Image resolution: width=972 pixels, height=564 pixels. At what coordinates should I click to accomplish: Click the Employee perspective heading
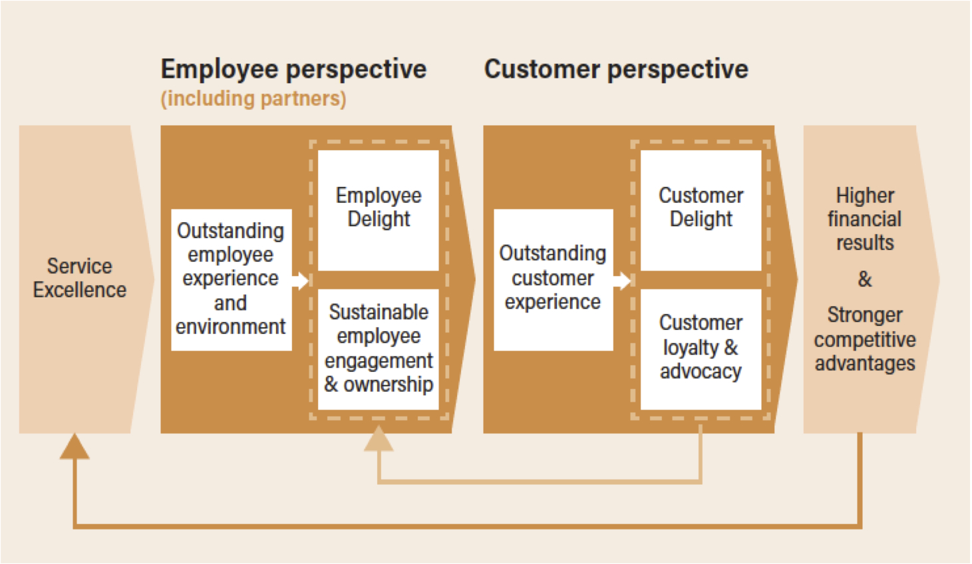click(x=294, y=69)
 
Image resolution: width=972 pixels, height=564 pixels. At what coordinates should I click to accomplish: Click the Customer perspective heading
click(x=616, y=69)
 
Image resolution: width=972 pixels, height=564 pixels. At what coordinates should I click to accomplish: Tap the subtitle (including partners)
click(x=253, y=99)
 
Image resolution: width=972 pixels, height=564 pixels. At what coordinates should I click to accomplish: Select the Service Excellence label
click(x=79, y=278)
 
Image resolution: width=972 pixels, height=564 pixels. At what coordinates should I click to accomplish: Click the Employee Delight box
click(x=379, y=210)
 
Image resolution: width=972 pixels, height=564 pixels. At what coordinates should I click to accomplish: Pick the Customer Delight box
click(x=701, y=210)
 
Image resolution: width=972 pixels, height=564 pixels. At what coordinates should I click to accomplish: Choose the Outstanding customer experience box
click(x=554, y=280)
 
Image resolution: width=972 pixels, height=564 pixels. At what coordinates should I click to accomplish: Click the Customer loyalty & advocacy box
click(x=701, y=349)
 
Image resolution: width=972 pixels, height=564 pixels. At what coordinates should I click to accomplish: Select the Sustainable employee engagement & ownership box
click(x=379, y=349)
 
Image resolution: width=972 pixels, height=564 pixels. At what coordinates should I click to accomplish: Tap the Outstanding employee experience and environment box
click(x=232, y=280)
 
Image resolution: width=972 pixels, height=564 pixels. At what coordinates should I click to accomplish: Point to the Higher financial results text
click(x=865, y=219)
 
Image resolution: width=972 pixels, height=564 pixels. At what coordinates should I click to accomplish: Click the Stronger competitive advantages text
click(x=865, y=339)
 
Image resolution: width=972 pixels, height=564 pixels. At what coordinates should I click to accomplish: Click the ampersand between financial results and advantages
click(x=865, y=279)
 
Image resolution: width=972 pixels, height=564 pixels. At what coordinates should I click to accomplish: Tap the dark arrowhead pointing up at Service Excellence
click(x=75, y=447)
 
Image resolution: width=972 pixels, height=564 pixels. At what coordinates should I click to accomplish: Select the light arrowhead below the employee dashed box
click(x=379, y=438)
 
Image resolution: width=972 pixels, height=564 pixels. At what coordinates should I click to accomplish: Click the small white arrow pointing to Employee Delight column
click(x=300, y=281)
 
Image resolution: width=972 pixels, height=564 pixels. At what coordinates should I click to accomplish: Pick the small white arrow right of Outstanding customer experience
click(x=622, y=281)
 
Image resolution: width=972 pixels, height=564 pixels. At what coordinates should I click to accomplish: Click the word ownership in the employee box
click(x=389, y=384)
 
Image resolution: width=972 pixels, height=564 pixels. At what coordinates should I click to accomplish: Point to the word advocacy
click(x=701, y=371)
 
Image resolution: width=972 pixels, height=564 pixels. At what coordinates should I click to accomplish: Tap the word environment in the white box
click(x=230, y=327)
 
